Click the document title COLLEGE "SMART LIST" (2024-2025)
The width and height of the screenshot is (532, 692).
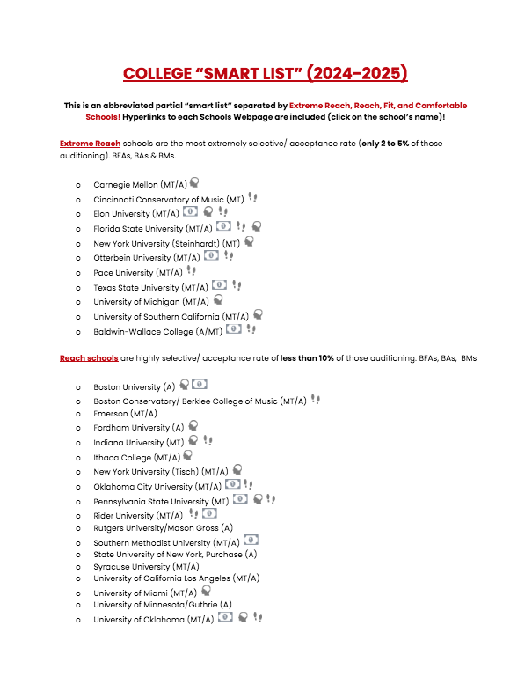[x=266, y=73]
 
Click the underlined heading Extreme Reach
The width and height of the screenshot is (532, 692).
[x=90, y=143]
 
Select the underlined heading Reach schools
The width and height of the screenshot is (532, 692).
[x=89, y=358]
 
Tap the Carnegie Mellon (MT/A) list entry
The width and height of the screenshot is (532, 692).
[x=139, y=185]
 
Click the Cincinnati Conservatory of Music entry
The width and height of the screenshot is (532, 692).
[x=168, y=199]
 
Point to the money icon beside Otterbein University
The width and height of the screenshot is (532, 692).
[x=211, y=255]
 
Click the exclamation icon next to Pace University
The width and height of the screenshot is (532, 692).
[x=192, y=271]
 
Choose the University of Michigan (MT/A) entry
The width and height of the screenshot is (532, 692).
[x=151, y=301]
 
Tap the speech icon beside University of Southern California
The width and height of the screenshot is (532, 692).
[x=259, y=314]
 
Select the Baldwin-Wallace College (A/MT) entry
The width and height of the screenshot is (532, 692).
[x=157, y=332]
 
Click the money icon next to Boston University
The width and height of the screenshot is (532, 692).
[x=200, y=385]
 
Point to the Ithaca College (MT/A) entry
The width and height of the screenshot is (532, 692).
[x=136, y=457]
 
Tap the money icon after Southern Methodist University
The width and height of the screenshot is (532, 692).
[x=251, y=541]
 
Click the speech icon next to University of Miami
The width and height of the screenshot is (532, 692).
[x=206, y=592]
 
